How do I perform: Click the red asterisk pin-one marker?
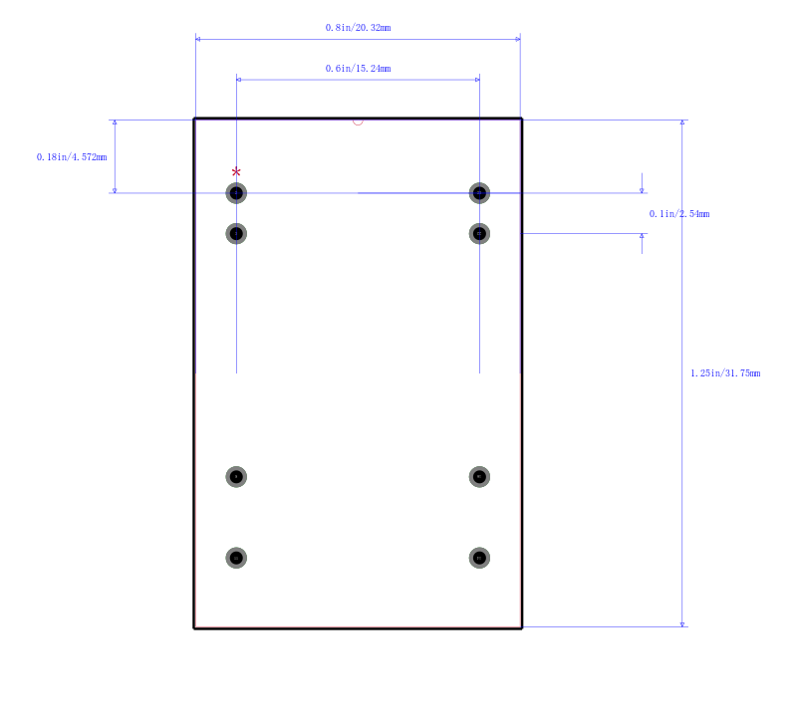click(x=236, y=172)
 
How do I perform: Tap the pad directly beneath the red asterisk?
click(x=236, y=193)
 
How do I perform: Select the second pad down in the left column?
click(x=236, y=234)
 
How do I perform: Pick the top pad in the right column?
click(x=479, y=193)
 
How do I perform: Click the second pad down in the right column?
click(x=479, y=234)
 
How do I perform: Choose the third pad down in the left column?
click(x=236, y=477)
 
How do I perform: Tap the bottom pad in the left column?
click(x=236, y=558)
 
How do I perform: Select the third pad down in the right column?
click(x=479, y=477)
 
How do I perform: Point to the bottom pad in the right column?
click(x=479, y=558)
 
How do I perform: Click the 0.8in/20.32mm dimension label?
click(x=358, y=28)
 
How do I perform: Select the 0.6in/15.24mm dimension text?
click(x=358, y=69)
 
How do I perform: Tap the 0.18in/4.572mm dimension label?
click(x=72, y=157)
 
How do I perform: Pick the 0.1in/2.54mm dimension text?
click(x=679, y=214)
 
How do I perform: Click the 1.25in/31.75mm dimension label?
click(x=725, y=373)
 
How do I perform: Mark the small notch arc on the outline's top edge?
click(x=358, y=121)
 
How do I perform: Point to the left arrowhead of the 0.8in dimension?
click(x=198, y=39)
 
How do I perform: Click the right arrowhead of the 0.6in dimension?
click(x=477, y=80)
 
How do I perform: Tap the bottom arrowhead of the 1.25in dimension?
click(x=682, y=624)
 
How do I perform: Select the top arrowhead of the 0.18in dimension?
click(x=115, y=122)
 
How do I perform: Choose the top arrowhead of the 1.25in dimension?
click(x=682, y=122)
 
